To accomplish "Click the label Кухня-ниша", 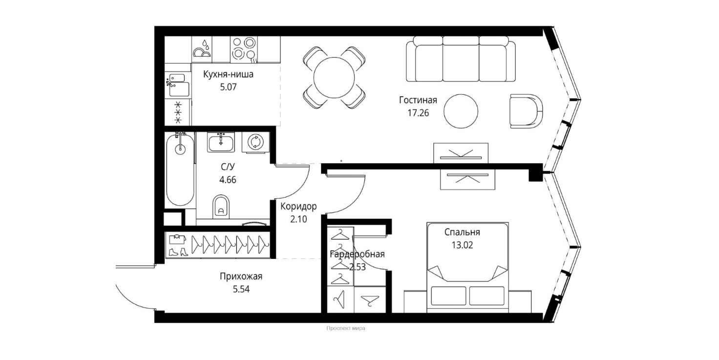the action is click(228, 74).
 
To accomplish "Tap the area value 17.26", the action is click(418, 113).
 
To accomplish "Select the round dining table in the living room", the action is click(334, 78).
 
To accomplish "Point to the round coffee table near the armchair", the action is click(461, 111).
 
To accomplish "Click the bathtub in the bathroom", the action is click(180, 169).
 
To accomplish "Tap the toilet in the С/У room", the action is click(221, 206).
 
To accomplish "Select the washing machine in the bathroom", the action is click(255, 142).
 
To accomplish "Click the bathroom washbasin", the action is click(221, 142).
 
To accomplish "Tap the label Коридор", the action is click(298, 206).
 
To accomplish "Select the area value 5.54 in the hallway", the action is click(241, 289).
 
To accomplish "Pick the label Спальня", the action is click(462, 232).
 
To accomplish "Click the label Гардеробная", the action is click(357, 254).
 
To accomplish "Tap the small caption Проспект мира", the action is click(346, 328).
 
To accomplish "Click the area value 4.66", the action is click(228, 180).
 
